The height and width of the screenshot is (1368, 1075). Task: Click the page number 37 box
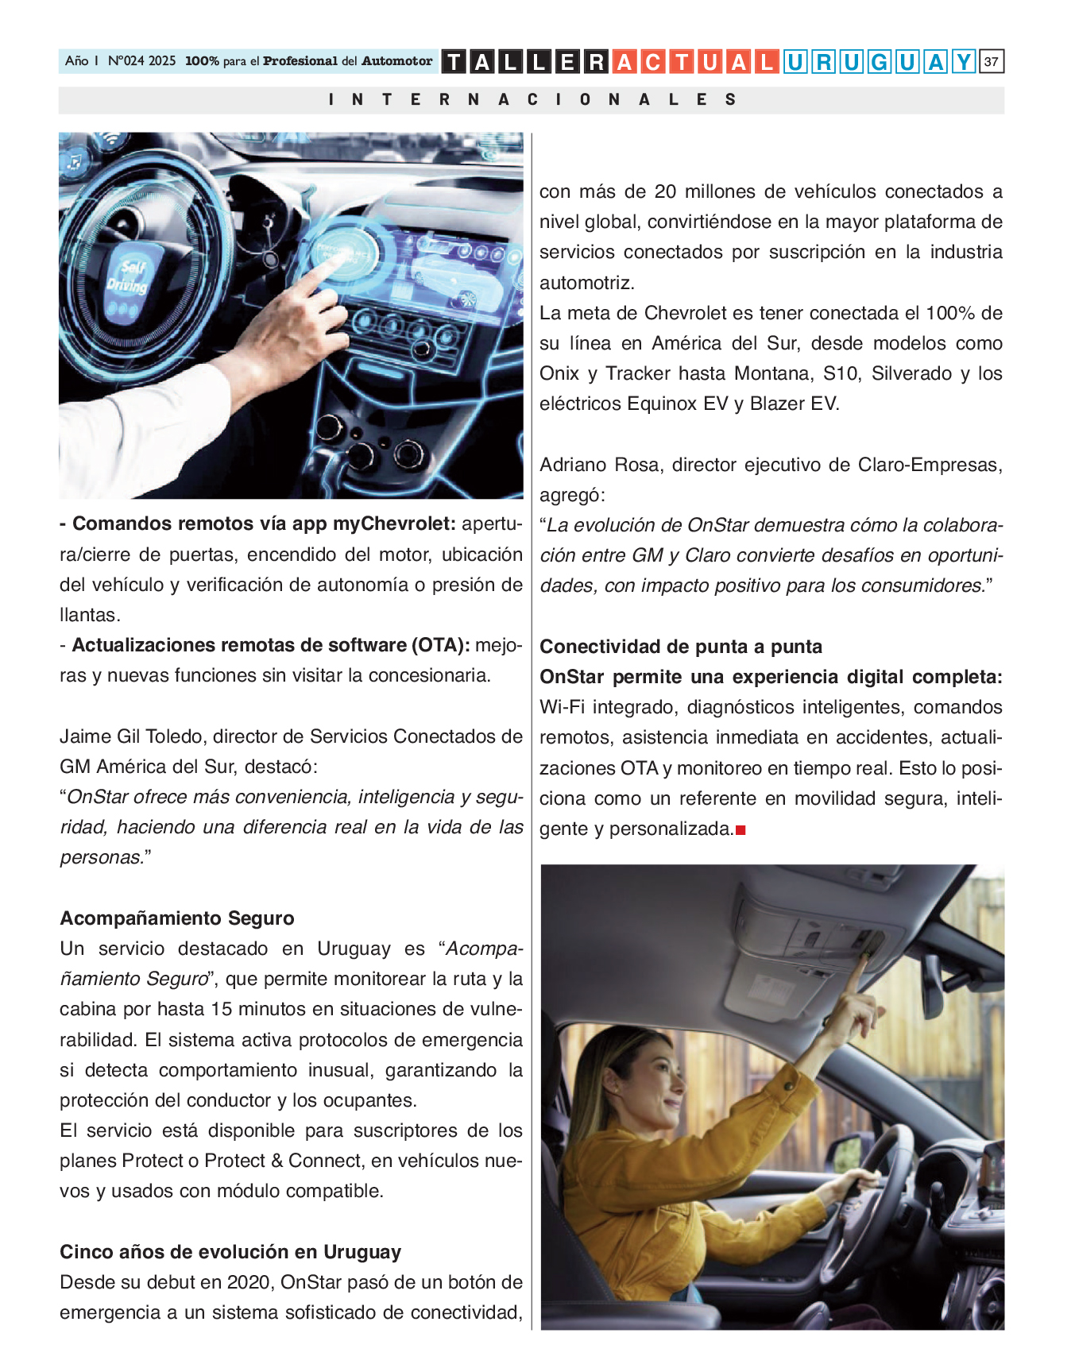[992, 61]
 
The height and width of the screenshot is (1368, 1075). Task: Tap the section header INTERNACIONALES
[532, 100]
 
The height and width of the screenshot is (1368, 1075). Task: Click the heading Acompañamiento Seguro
[177, 918]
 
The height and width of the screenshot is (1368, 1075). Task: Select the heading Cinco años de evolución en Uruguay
[230, 1252]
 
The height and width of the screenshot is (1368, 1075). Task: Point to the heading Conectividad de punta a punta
[681, 647]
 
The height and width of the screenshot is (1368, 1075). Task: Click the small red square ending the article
[741, 830]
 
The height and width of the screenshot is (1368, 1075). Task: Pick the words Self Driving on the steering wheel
[129, 276]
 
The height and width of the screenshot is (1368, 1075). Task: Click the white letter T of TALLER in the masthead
[453, 62]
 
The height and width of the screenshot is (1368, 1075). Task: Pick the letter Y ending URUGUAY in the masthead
[964, 62]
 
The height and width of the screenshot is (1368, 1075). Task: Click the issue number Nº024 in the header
[127, 61]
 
